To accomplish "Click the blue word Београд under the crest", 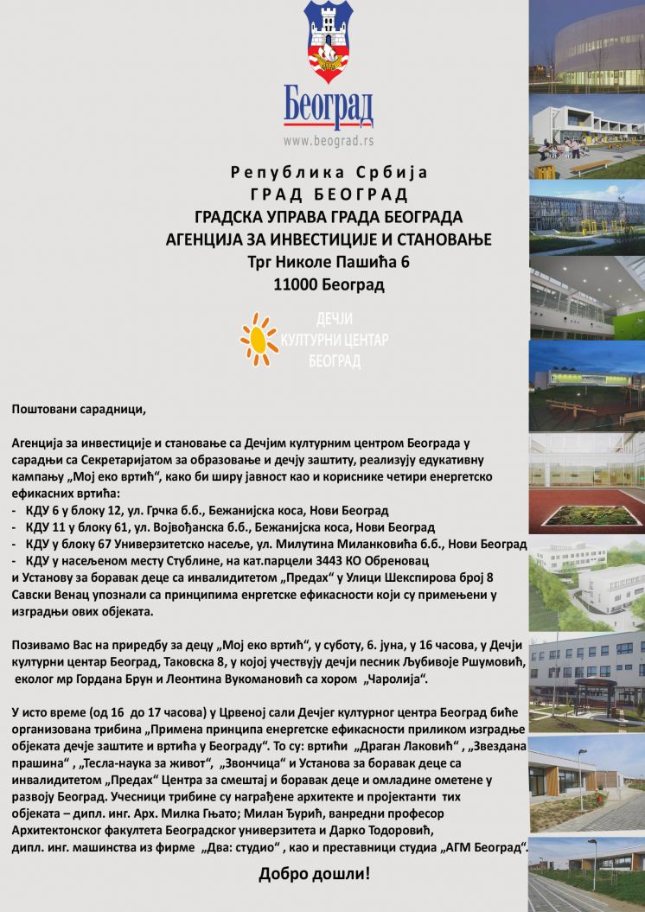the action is tap(329, 105).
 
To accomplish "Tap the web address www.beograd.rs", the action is tap(329, 139).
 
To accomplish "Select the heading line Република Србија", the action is tap(329, 171).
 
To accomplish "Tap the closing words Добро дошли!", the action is tap(314, 874).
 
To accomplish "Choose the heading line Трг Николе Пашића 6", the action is tap(329, 261).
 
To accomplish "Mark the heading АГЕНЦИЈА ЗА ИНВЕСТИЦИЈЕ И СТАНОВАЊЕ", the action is tap(329, 238).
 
